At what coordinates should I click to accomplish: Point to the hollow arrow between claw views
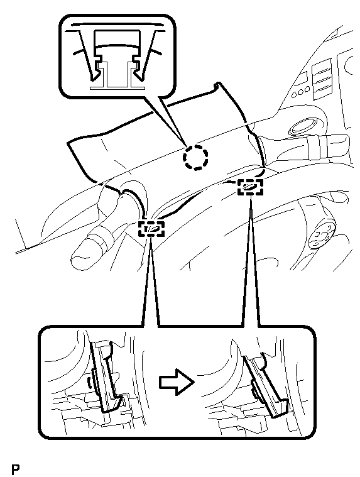[177, 381]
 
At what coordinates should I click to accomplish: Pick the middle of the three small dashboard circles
[300, 91]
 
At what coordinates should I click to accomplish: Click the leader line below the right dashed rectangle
[250, 261]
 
